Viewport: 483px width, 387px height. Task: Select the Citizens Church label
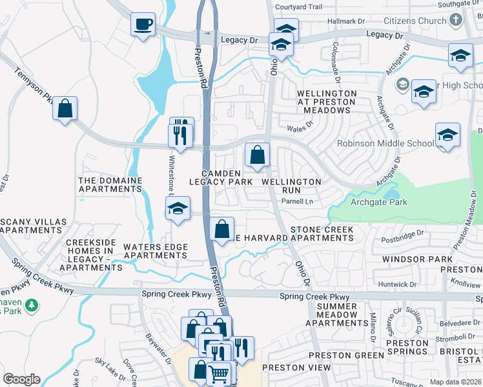415,21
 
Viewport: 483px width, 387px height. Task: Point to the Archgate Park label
379,203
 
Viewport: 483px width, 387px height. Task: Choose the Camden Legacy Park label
221,177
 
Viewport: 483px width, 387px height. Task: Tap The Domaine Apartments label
110,184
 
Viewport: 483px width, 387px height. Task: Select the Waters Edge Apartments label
156,251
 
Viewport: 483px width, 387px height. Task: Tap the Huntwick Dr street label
398,284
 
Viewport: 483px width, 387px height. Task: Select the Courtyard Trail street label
298,7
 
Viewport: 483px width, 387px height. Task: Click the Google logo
21,379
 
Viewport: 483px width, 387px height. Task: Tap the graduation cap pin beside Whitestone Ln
178,209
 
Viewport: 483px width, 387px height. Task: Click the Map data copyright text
456,382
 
